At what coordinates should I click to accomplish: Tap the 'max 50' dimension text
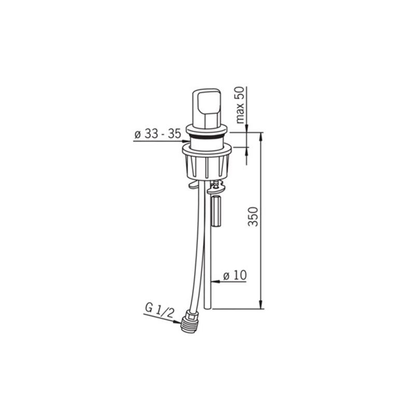(240, 105)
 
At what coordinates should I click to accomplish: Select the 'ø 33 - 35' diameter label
(158, 134)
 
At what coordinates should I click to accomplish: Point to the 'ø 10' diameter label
(235, 275)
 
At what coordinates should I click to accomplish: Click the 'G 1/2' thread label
(160, 311)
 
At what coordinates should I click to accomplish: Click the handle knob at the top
(206, 107)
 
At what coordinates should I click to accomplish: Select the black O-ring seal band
(206, 136)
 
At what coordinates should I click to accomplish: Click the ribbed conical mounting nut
(206, 166)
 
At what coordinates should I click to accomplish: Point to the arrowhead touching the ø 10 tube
(215, 281)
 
